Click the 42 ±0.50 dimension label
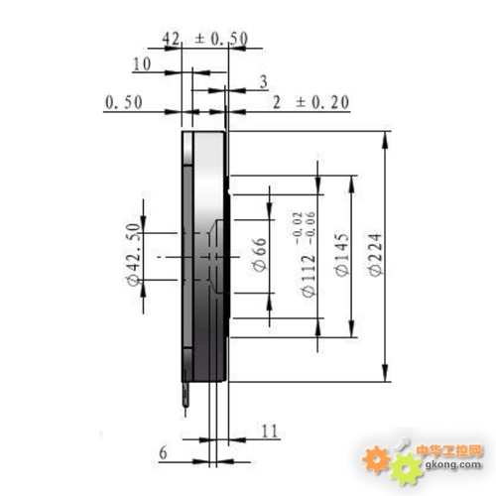point(205,39)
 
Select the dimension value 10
point(142,63)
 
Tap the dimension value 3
point(264,82)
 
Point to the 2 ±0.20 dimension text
point(310,102)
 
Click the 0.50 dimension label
point(124,102)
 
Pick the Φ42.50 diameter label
point(134,254)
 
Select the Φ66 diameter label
point(260,255)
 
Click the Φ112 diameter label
point(309,276)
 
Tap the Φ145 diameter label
point(342,255)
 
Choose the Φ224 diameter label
point(375,255)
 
